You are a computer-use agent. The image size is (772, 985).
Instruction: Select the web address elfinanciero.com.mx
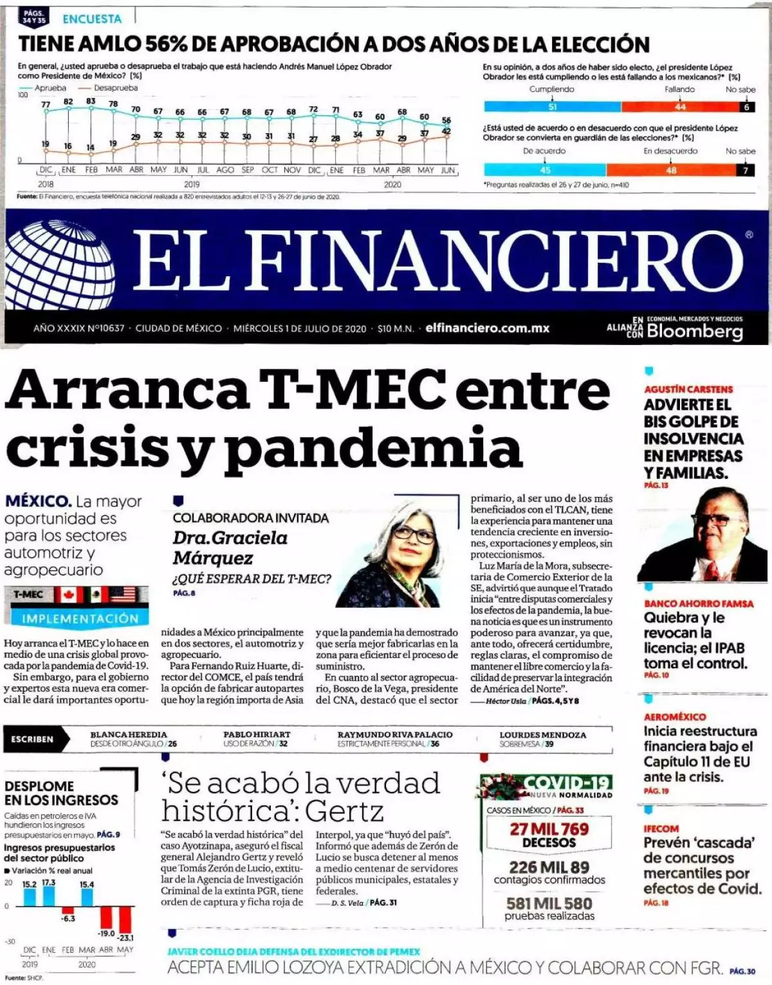coord(488,328)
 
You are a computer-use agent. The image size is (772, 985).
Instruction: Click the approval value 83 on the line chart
coord(91,101)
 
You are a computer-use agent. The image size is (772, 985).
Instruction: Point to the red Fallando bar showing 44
coord(679,107)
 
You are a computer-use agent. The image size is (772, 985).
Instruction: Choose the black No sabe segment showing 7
coord(746,170)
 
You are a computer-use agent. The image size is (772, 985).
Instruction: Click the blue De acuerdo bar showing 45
coord(545,170)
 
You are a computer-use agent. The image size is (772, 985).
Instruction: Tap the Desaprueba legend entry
coord(115,88)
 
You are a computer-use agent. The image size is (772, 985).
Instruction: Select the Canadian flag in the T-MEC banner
coord(68,594)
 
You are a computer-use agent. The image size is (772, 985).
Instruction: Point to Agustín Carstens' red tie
coord(712,570)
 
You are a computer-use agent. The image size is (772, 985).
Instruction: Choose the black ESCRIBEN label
coord(32,739)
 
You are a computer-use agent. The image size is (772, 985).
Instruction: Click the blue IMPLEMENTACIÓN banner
coord(80,619)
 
